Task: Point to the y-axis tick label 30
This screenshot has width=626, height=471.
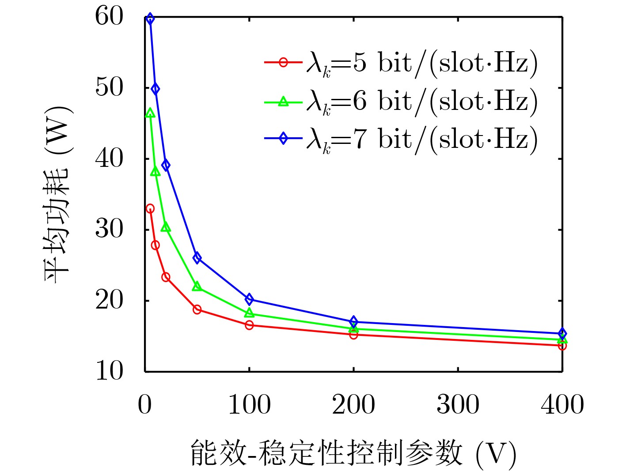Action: (x=109, y=229)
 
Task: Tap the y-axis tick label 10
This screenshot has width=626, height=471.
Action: (x=109, y=371)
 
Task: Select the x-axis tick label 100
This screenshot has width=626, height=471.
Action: (x=249, y=404)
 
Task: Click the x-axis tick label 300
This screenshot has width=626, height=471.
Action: (x=458, y=404)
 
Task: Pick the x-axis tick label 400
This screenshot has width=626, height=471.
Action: (x=562, y=404)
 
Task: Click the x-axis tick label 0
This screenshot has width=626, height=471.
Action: (x=145, y=404)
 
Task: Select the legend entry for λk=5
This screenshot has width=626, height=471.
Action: (x=400, y=63)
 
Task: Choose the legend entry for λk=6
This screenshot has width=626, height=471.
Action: (x=400, y=102)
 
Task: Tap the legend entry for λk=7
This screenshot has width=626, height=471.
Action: (x=400, y=139)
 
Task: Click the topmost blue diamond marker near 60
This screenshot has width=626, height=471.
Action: (x=150, y=19)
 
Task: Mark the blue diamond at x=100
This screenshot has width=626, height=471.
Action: (x=249, y=299)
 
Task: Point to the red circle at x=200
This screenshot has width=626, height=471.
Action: (x=353, y=335)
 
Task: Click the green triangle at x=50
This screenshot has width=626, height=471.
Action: (x=197, y=286)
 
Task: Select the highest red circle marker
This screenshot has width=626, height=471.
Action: (x=150, y=208)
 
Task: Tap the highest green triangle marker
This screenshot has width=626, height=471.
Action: (x=150, y=113)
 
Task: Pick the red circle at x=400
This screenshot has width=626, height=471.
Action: (x=562, y=346)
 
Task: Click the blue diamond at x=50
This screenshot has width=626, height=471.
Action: (x=197, y=258)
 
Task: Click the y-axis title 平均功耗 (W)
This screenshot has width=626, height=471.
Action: (x=57, y=194)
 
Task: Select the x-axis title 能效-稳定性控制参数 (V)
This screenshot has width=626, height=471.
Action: (x=353, y=453)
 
